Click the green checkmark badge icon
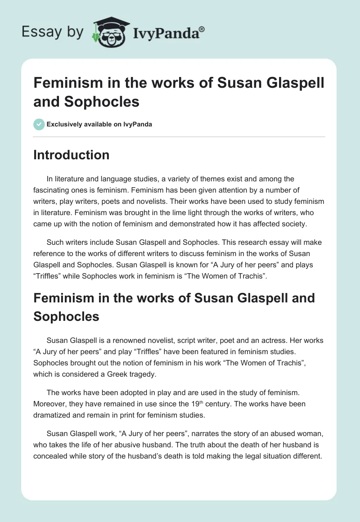(39, 124)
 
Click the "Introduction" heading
(72, 155)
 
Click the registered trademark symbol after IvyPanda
(202, 29)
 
